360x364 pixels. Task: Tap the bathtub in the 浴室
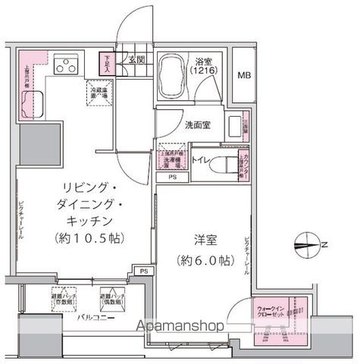(178, 77)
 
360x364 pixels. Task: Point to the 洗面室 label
(196, 127)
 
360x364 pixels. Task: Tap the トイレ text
(201, 160)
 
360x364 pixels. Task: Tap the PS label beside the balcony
(144, 271)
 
